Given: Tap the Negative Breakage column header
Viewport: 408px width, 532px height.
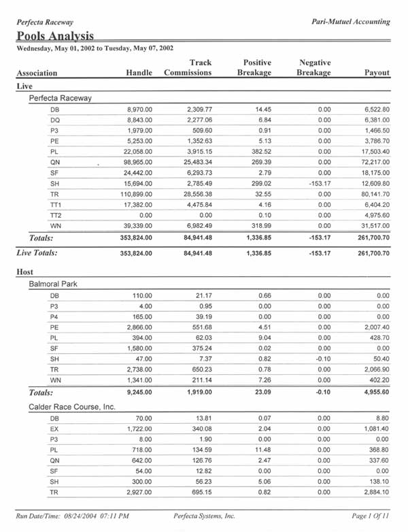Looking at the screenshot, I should (x=315, y=67).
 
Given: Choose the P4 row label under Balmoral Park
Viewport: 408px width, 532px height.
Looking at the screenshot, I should (x=54, y=317).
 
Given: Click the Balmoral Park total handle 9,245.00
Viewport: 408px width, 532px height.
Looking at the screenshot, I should (x=145, y=393).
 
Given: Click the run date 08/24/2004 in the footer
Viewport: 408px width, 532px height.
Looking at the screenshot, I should (x=90, y=516).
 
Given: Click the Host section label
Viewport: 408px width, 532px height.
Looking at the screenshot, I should (x=24, y=271).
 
